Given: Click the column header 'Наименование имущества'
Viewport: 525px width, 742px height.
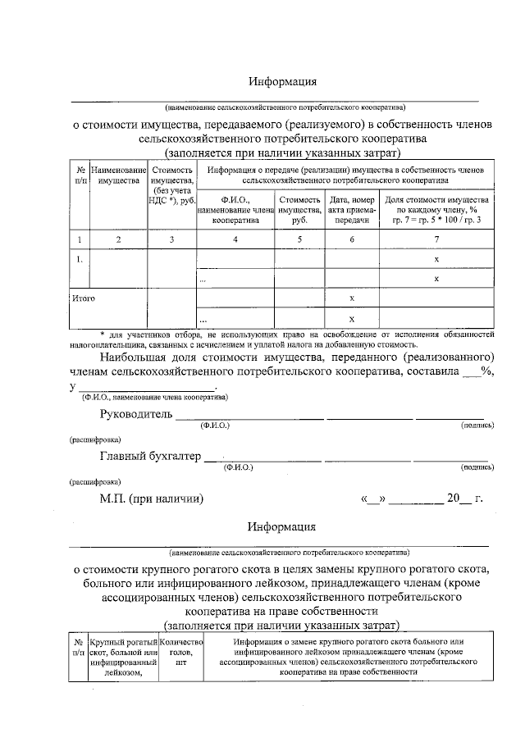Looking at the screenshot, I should [118, 174].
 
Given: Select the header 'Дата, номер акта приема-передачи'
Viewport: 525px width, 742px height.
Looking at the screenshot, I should [351, 210].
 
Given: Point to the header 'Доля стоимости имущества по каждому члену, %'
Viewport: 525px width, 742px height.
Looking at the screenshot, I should [436, 210].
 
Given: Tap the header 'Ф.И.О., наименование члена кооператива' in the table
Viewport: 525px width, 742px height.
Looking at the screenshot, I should [235, 210].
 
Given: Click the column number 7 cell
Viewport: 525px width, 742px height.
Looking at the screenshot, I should [436, 239].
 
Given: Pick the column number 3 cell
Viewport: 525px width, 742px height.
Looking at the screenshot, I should [171, 239].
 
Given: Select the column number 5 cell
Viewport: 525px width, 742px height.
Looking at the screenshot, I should [299, 239].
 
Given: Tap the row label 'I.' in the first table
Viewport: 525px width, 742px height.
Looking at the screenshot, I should [80, 259].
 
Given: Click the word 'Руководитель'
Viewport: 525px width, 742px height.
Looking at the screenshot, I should [135, 414].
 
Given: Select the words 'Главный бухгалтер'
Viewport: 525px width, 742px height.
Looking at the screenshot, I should [150, 457].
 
